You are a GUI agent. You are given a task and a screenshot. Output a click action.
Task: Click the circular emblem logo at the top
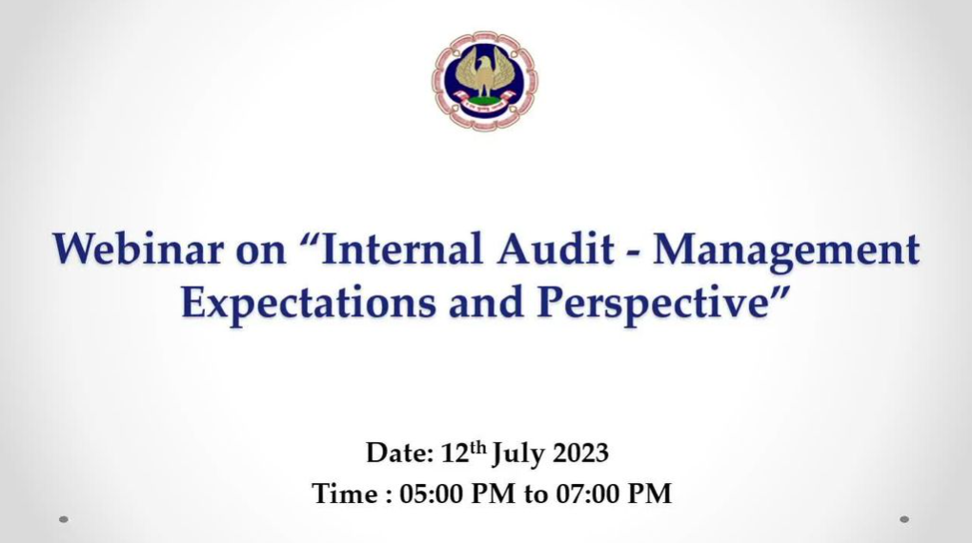point(485,81)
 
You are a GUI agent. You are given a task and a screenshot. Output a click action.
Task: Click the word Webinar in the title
point(137,250)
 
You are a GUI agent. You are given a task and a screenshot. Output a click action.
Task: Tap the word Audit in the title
point(557,250)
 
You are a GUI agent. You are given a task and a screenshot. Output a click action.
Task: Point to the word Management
point(786,252)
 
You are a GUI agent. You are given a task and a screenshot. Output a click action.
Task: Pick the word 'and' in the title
point(487,303)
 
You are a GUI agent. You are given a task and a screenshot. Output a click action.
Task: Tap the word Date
point(399,452)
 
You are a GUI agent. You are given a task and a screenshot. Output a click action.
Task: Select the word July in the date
point(518,454)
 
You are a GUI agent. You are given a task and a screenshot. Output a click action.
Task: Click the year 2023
point(579,453)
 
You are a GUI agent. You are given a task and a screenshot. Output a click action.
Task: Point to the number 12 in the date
point(455,453)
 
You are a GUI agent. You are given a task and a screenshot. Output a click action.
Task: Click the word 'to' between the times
point(536,495)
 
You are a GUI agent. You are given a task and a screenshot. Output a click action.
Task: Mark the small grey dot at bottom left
point(63,519)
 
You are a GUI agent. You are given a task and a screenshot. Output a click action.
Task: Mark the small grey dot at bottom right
point(904,519)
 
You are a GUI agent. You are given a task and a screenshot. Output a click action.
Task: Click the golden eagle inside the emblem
point(485,75)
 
